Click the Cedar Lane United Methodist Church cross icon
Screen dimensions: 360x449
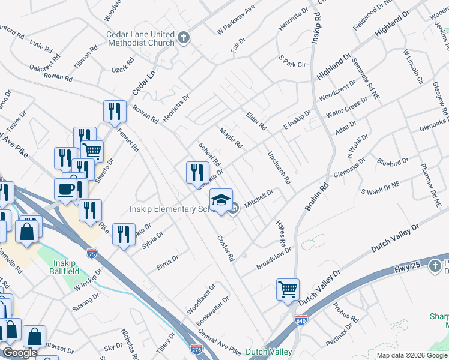184,39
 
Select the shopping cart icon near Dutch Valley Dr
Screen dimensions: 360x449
288,289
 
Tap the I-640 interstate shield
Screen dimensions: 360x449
301,322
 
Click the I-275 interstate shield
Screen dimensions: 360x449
196,349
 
